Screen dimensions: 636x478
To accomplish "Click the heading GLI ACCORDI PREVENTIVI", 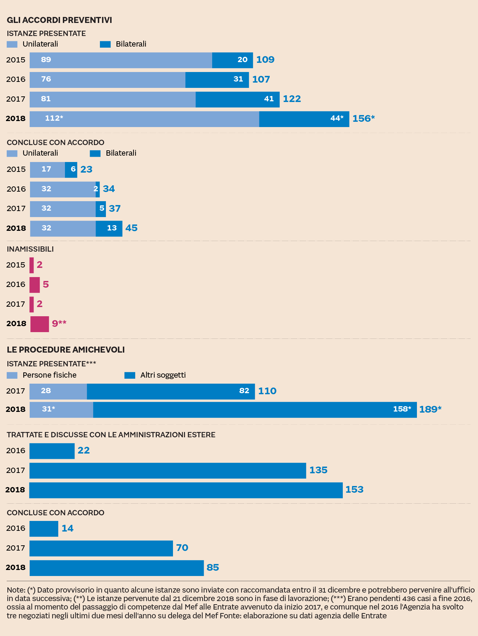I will pyautogui.click(x=59, y=20).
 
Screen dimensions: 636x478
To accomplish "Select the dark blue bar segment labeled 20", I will pyautogui.click(x=232, y=60).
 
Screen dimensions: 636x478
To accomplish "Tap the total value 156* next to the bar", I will pyautogui.click(x=363, y=119).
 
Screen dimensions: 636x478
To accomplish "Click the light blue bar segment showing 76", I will pyautogui.click(x=107, y=80).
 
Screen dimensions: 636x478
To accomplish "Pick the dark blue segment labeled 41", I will pyautogui.click(x=237, y=99).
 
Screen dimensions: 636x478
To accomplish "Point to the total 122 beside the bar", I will pyautogui.click(x=292, y=99).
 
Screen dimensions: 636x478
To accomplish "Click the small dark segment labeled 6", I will pyautogui.click(x=71, y=170).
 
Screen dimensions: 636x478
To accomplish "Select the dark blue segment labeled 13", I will pyautogui.click(x=109, y=228).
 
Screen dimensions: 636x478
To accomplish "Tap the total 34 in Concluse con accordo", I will pyautogui.click(x=109, y=189).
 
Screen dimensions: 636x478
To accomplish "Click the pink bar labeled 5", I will pyautogui.click(x=35, y=285).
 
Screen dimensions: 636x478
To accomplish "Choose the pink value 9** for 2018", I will pyautogui.click(x=59, y=323).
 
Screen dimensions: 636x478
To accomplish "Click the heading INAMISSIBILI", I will pyautogui.click(x=30, y=249).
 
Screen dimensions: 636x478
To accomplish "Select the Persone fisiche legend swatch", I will pyautogui.click(x=12, y=375).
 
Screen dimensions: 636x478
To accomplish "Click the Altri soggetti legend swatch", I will pyautogui.click(x=130, y=375).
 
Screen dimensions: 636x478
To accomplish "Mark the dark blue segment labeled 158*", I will pyautogui.click(x=255, y=410).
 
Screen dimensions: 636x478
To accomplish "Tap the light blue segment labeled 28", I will pyautogui.click(x=58, y=391).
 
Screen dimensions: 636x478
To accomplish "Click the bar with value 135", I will pyautogui.click(x=167, y=470).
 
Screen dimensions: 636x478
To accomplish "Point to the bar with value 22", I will pyautogui.click(x=52, y=451).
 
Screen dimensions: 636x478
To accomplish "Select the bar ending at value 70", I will pyautogui.click(x=101, y=548).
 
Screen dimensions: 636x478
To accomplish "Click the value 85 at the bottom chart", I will pyautogui.click(x=213, y=568).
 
